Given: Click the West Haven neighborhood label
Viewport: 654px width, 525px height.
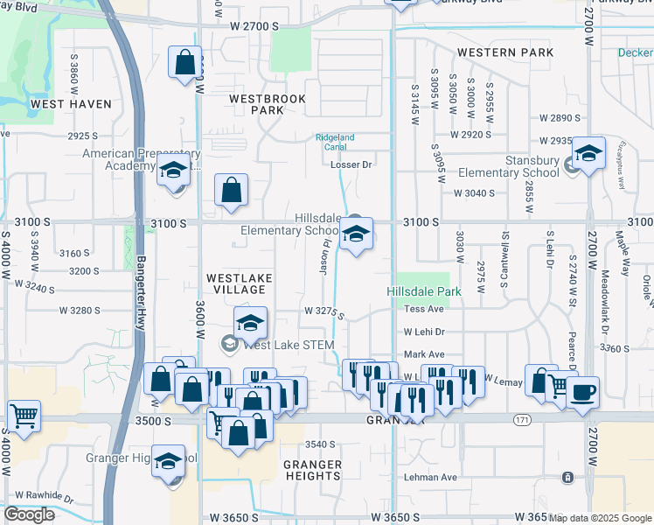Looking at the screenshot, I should (71, 104).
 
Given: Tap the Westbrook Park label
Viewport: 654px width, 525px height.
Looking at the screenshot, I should (268, 105).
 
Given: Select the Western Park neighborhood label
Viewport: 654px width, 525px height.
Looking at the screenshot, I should (505, 52).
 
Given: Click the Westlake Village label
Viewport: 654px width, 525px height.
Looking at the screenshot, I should (240, 283).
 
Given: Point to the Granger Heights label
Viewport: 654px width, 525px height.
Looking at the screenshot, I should (313, 470).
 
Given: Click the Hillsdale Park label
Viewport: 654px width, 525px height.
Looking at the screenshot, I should (423, 290).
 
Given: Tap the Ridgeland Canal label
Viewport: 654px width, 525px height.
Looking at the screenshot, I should (335, 142).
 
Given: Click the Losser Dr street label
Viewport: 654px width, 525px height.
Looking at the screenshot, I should (357, 164).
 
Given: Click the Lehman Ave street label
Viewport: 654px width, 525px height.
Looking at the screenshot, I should (430, 477).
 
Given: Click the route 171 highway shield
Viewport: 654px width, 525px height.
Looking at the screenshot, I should (522, 421).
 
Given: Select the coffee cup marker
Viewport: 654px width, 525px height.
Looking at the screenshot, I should (583, 391).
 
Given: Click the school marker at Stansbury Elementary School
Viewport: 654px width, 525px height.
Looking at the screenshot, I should (588, 155).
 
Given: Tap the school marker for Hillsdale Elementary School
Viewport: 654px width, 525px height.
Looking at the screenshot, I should (356, 234).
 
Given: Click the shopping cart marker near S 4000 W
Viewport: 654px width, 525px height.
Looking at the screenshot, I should (24, 416).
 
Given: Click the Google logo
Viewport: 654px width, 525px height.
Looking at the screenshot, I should (30, 514).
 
